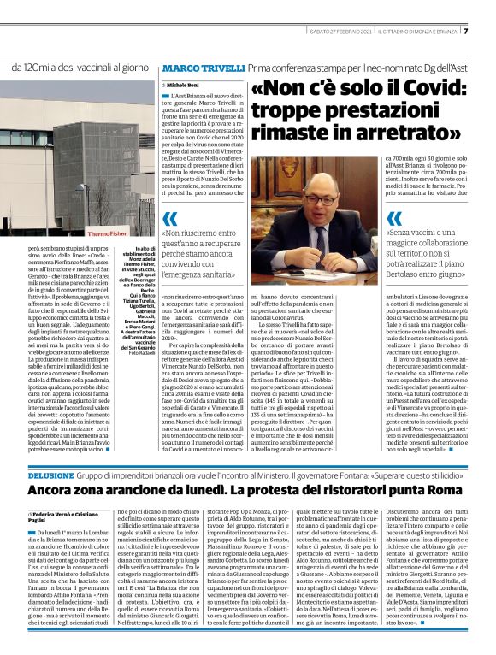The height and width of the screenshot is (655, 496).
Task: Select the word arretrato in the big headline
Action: (x=407, y=133)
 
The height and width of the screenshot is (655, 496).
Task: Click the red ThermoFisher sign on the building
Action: (x=111, y=233)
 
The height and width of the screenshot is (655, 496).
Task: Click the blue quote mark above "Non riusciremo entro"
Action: (x=170, y=218)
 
